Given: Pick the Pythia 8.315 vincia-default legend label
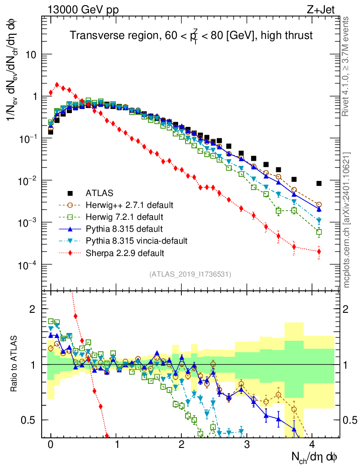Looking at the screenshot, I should (x=136, y=240).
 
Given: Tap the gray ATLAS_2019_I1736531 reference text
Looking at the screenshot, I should (x=190, y=274).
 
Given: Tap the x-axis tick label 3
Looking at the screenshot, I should (x=247, y=445).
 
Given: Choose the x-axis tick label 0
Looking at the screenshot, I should (x=50, y=445).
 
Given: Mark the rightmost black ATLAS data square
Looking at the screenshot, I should (x=319, y=184).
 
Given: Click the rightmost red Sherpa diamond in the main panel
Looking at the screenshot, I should (x=319, y=251).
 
